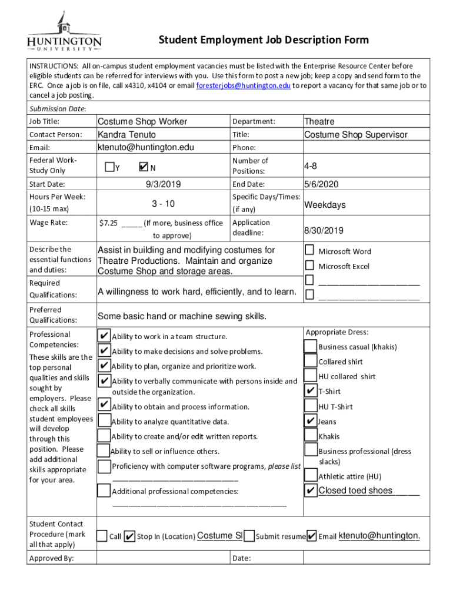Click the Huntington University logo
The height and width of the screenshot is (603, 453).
point(64,34)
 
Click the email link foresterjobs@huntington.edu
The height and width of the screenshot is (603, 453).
point(243,85)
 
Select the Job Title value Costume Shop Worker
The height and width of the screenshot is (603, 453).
point(142,121)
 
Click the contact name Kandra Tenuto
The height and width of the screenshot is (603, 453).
point(126,134)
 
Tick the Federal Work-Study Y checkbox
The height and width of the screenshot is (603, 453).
point(109,167)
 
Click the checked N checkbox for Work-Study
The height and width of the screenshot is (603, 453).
point(144,167)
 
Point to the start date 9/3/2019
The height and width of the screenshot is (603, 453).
point(163,184)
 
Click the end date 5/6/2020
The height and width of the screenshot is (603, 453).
point(321,184)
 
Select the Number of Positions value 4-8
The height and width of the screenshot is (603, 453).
point(312,166)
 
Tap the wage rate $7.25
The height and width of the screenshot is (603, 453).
point(108,223)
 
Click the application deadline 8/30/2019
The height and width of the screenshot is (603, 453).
point(324,230)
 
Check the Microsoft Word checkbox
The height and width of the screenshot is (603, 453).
point(309,251)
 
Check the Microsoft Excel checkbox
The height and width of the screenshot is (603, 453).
point(309,266)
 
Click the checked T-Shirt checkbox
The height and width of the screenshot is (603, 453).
point(311,391)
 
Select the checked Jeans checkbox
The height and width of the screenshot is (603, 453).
point(311,421)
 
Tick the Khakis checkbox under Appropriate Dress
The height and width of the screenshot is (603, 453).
point(311,436)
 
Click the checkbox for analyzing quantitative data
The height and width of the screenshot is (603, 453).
point(104,421)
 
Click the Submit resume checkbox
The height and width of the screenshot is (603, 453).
point(249,536)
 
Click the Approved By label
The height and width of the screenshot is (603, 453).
point(51,558)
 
